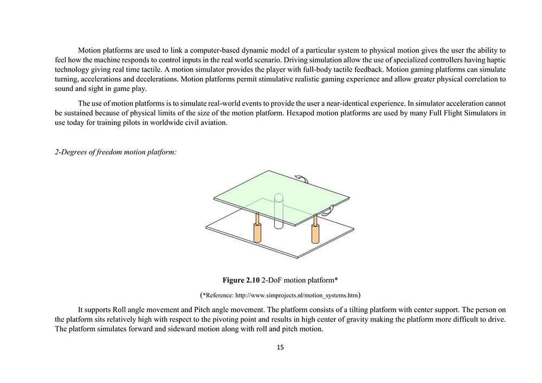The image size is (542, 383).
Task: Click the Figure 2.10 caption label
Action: click(241, 280)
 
